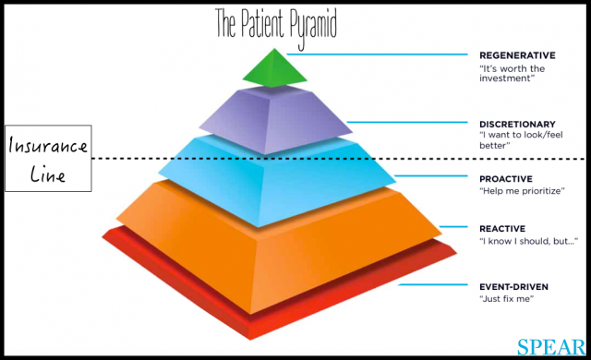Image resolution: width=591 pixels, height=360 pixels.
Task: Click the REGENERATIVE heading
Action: pos(518,54)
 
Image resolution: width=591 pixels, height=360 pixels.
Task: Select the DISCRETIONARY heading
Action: pos(517,124)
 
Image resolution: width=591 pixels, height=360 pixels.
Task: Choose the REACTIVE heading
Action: pos(503,228)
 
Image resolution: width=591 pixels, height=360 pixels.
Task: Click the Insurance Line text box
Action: pos(48,159)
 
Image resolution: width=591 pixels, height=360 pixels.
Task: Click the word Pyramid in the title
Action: pos(311,18)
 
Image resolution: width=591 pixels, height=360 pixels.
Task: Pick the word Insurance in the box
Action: pos(48,147)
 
